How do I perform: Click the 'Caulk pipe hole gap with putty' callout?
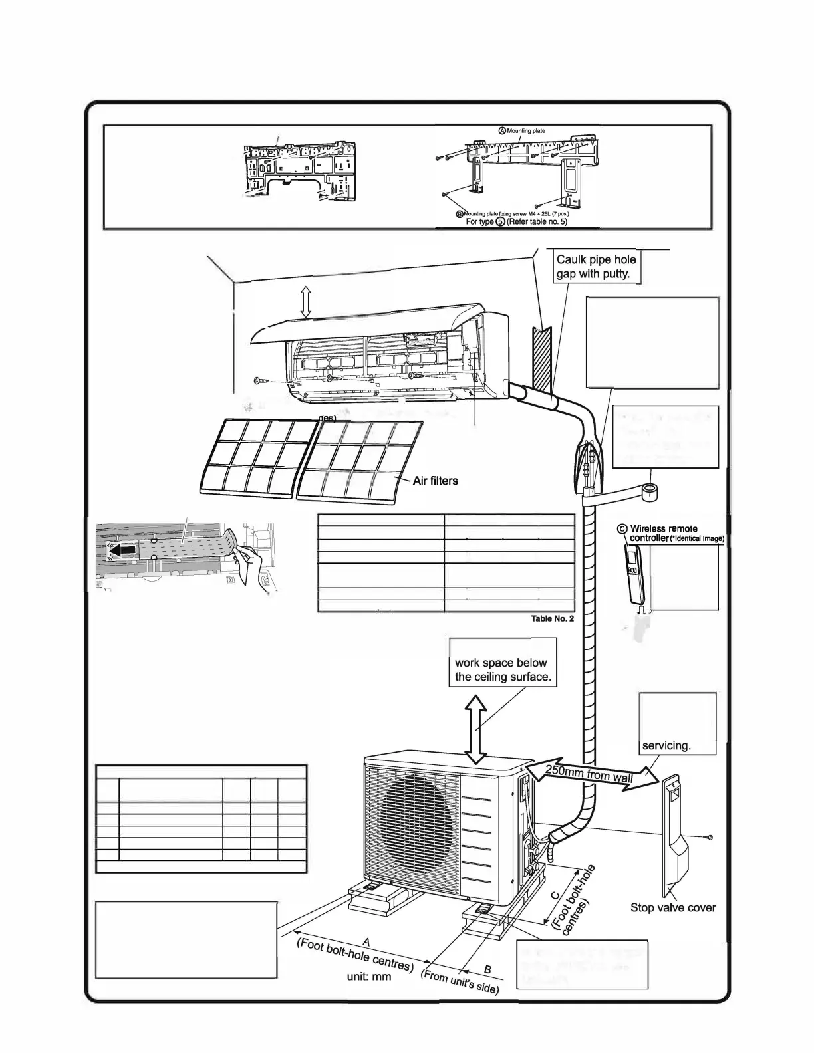596,267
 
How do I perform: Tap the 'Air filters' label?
435,480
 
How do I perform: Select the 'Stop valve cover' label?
673,907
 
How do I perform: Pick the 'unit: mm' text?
369,976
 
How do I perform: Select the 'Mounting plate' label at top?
525,131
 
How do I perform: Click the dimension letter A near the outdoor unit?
365,941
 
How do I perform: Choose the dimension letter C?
557,895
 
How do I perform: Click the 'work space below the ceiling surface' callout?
502,670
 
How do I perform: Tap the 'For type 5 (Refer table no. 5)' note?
516,221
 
